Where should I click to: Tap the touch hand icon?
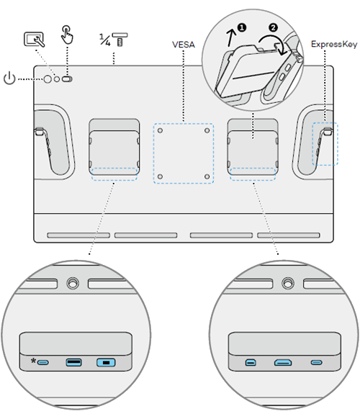pos(67,35)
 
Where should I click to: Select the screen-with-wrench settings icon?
pos(33,40)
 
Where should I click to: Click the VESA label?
pos(184,44)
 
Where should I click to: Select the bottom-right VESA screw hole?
pos(207,176)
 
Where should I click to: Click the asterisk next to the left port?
pos(33,360)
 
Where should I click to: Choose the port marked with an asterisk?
pos(45,361)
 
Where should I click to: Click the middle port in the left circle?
pos(73,361)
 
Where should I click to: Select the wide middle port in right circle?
pos(282,363)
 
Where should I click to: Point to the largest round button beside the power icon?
pos(47,79)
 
